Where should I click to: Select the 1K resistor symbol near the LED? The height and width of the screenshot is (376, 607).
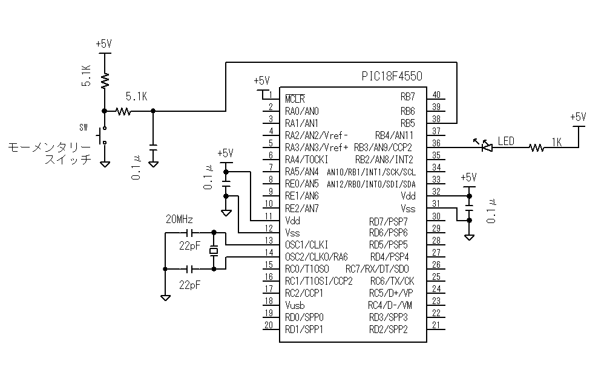tap(536, 146)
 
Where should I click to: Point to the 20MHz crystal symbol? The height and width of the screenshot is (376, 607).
tap(213, 250)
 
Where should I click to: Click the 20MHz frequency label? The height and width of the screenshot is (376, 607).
tap(180, 219)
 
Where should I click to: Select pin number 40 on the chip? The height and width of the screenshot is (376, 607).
tap(436, 94)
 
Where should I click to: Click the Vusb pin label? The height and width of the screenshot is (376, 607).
tap(295, 305)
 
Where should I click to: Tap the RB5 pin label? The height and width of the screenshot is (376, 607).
tap(407, 123)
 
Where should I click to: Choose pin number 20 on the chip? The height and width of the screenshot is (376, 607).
tap(268, 325)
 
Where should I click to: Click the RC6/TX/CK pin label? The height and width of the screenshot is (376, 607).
tap(392, 280)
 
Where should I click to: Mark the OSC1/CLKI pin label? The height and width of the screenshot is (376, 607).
tap(306, 244)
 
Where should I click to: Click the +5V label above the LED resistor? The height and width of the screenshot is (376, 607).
tap(579, 117)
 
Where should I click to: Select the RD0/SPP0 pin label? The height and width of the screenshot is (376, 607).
tap(304, 317)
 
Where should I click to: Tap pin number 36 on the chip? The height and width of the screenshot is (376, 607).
tap(436, 143)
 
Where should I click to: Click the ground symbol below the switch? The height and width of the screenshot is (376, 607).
tap(104, 163)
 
